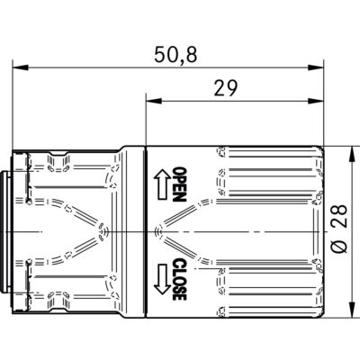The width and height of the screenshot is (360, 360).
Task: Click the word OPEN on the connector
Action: point(178,185)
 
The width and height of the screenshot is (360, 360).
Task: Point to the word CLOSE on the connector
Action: point(178,279)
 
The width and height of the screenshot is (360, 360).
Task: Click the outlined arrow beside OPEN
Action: point(163,184)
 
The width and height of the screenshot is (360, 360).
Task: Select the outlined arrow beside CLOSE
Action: point(163,278)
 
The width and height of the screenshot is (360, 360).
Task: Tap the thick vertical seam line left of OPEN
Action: point(146,231)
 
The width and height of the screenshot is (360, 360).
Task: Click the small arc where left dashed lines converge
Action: point(107,232)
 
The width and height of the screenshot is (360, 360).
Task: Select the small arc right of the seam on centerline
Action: point(158,232)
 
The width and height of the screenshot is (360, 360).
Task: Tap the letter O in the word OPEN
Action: point(178,173)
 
